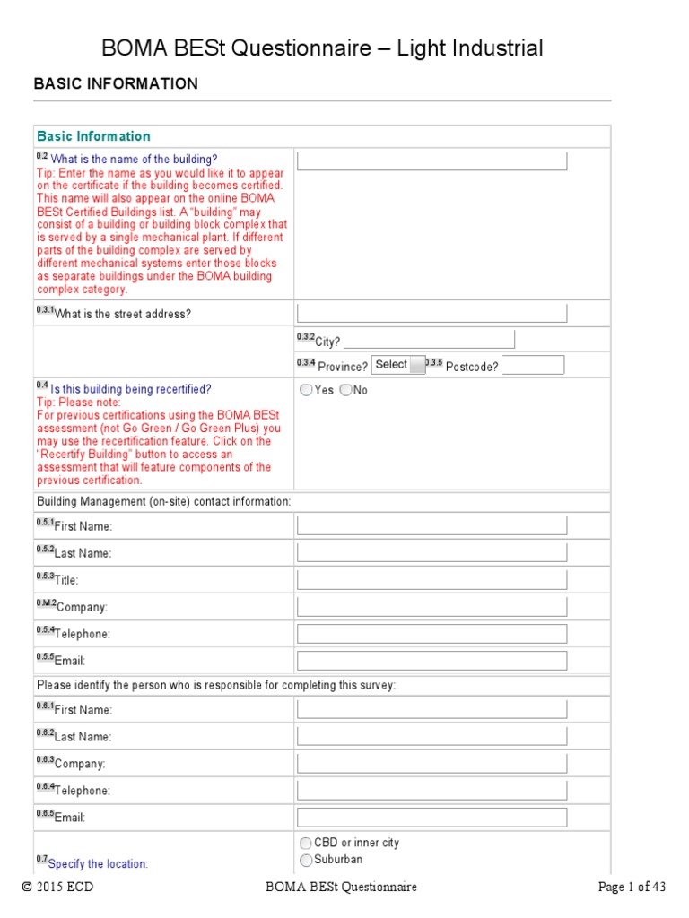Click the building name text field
432,161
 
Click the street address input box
432,313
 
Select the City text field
430,339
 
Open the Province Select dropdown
398,365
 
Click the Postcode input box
533,365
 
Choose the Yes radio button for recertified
307,390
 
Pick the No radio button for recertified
346,390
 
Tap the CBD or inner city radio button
307,843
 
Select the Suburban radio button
307,860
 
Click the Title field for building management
432,580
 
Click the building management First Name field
432,525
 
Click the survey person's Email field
432,818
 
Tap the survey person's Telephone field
432,791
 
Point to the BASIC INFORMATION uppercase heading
116,83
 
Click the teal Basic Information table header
93,136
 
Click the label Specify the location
98,864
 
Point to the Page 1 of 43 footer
632,888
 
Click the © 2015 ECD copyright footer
57,888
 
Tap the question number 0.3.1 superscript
45,309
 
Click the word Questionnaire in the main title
309,48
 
